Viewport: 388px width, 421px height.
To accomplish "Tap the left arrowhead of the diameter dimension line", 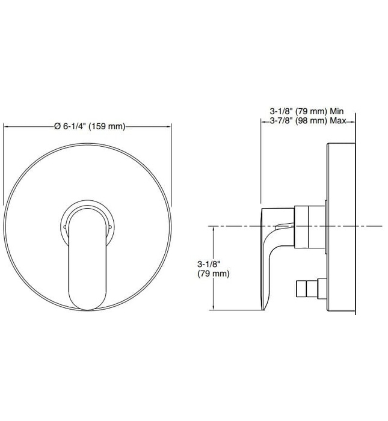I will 7,126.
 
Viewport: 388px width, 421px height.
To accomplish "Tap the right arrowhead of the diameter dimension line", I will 171,126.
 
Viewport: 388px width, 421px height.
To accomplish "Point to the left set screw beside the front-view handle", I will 64,227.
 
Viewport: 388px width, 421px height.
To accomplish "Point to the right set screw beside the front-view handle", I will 111,227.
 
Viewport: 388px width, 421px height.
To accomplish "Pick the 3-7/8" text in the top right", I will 280,121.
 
